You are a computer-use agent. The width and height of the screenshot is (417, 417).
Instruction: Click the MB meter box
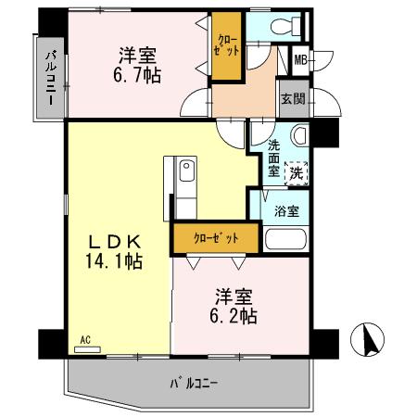tap(300, 61)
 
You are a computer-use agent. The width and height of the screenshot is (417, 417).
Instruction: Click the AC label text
tap(84, 340)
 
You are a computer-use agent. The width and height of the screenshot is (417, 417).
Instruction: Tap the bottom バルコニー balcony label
tap(195, 382)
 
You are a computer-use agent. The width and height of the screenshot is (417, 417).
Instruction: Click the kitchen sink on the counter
tap(185, 171)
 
